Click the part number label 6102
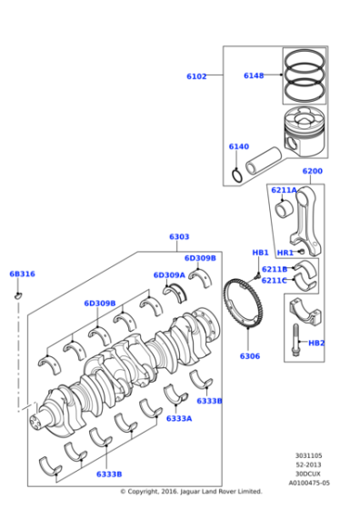pos(196,77)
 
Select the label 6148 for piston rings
pos(253,75)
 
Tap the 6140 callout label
pos(238,146)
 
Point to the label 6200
pos(312,172)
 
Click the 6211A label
pos(284,191)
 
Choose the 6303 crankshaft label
pos(179,237)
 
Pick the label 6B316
pos(22,274)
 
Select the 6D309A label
pos(168,274)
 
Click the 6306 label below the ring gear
pos(250,356)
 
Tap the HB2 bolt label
pos(316,343)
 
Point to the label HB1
pos(260,252)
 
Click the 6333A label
pos(178,418)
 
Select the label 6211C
pos(274,281)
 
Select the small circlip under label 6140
pos(237,174)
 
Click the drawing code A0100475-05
pos(309,484)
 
